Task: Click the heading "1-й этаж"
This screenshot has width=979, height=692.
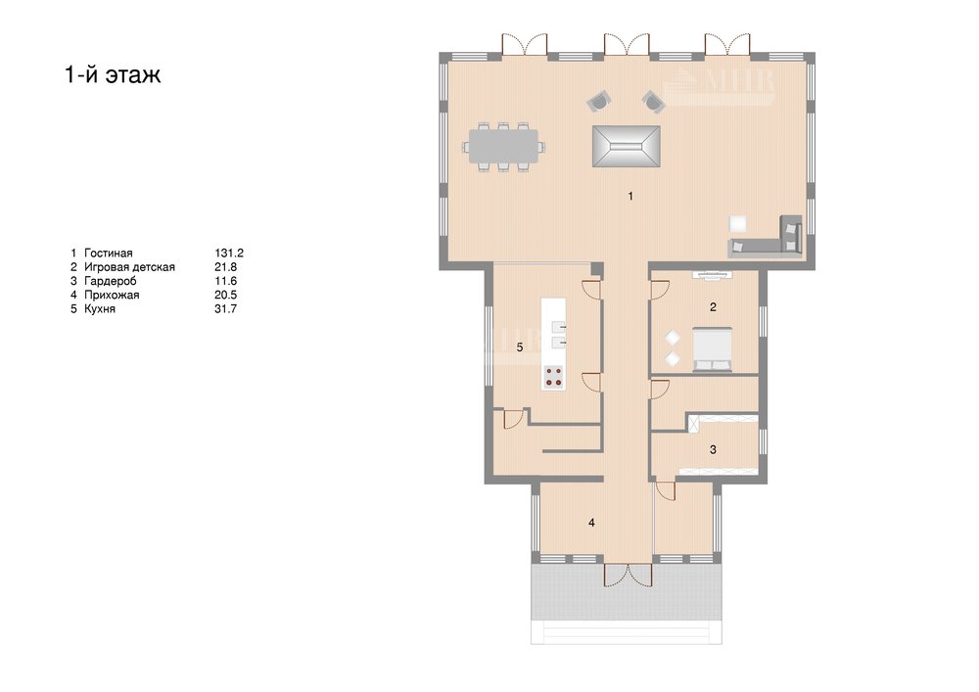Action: (x=113, y=74)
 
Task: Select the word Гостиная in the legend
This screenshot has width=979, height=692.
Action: (x=108, y=253)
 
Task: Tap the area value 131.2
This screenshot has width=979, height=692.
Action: (x=229, y=253)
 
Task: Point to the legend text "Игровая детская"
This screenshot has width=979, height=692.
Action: (x=129, y=267)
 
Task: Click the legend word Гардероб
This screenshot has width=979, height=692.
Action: (x=110, y=282)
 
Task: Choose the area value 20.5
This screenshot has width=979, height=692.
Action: (x=226, y=295)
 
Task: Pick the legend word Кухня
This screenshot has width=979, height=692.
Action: (x=99, y=309)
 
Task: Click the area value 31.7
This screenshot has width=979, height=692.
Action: (x=225, y=309)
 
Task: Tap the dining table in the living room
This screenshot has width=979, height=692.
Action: (x=504, y=147)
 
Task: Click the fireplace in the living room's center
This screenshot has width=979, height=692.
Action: (x=627, y=146)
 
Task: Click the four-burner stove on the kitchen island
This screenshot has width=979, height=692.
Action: (x=554, y=376)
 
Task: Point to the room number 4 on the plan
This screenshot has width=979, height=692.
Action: (x=591, y=523)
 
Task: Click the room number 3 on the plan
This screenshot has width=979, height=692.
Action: (x=713, y=449)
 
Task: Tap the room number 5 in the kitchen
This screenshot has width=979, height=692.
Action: (x=520, y=347)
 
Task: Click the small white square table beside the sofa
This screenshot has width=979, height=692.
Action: (x=738, y=223)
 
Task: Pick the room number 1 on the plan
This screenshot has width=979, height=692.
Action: (x=630, y=196)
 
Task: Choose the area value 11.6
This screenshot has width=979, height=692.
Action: (x=225, y=282)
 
